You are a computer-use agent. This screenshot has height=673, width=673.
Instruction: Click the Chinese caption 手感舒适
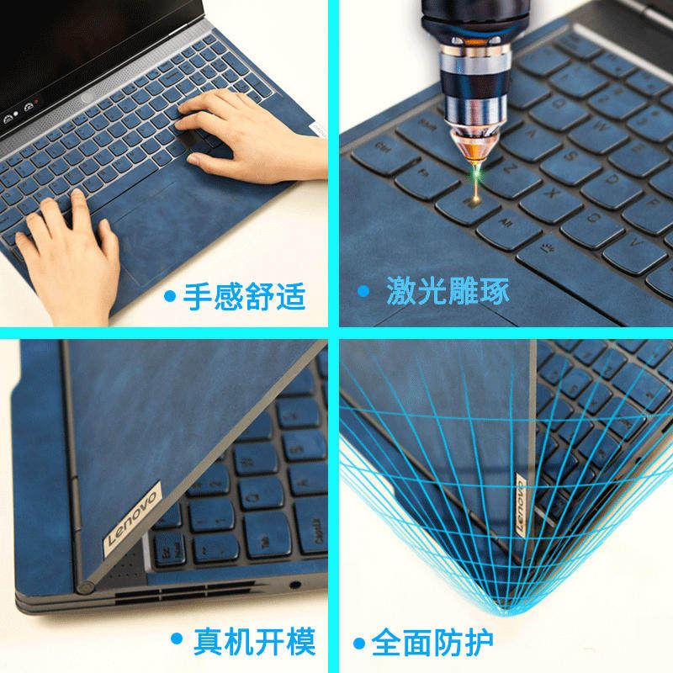point(244,296)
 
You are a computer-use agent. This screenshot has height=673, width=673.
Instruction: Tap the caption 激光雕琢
point(448,290)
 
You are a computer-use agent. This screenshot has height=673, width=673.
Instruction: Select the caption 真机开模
point(255,642)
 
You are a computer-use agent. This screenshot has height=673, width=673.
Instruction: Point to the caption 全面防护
point(432,642)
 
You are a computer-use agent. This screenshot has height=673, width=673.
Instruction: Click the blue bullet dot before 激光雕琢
point(363,291)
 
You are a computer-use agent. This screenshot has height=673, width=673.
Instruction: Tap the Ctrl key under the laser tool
point(385,153)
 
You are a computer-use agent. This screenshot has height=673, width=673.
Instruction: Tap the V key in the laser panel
point(635,252)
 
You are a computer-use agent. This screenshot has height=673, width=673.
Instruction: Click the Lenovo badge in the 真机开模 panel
point(133,518)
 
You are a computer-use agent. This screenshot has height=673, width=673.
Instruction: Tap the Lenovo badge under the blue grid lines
point(520,506)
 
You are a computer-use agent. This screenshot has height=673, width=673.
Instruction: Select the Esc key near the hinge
point(169,548)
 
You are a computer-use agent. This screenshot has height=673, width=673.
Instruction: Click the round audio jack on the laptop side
point(295,585)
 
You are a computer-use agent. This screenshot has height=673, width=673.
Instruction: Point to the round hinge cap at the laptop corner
point(85,586)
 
